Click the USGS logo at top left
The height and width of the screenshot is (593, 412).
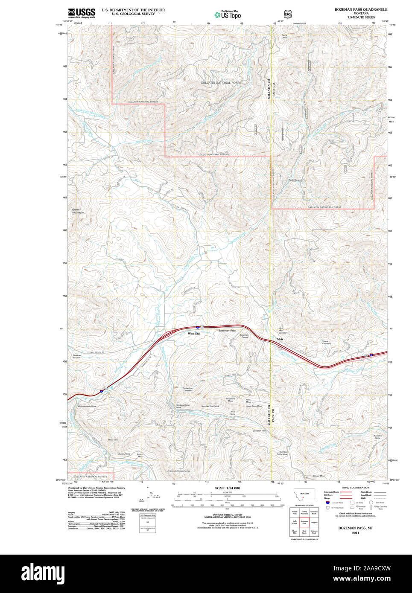click(x=82, y=12)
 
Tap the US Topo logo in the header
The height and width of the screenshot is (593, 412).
click(x=228, y=15)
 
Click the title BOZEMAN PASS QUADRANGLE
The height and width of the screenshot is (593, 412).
click(x=361, y=9)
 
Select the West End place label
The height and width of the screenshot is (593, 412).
click(x=194, y=334)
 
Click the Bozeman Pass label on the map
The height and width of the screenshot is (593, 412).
click(x=227, y=331)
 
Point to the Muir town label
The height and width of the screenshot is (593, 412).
click(x=280, y=339)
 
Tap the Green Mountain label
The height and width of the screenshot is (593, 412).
click(x=78, y=211)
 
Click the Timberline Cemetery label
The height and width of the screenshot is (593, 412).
click(x=188, y=389)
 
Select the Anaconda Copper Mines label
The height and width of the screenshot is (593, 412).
click(x=178, y=471)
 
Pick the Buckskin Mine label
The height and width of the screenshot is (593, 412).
click(x=377, y=436)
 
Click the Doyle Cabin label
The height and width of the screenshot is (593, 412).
click(x=284, y=36)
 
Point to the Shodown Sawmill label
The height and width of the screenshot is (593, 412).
click(x=77, y=356)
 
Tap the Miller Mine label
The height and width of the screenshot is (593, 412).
click(x=113, y=439)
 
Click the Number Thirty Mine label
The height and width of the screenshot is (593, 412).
click(x=282, y=453)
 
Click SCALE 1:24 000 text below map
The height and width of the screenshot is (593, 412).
click(x=227, y=488)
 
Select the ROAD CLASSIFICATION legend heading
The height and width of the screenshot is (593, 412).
click(x=355, y=488)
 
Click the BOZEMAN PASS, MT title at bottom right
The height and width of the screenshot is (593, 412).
click(x=355, y=528)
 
